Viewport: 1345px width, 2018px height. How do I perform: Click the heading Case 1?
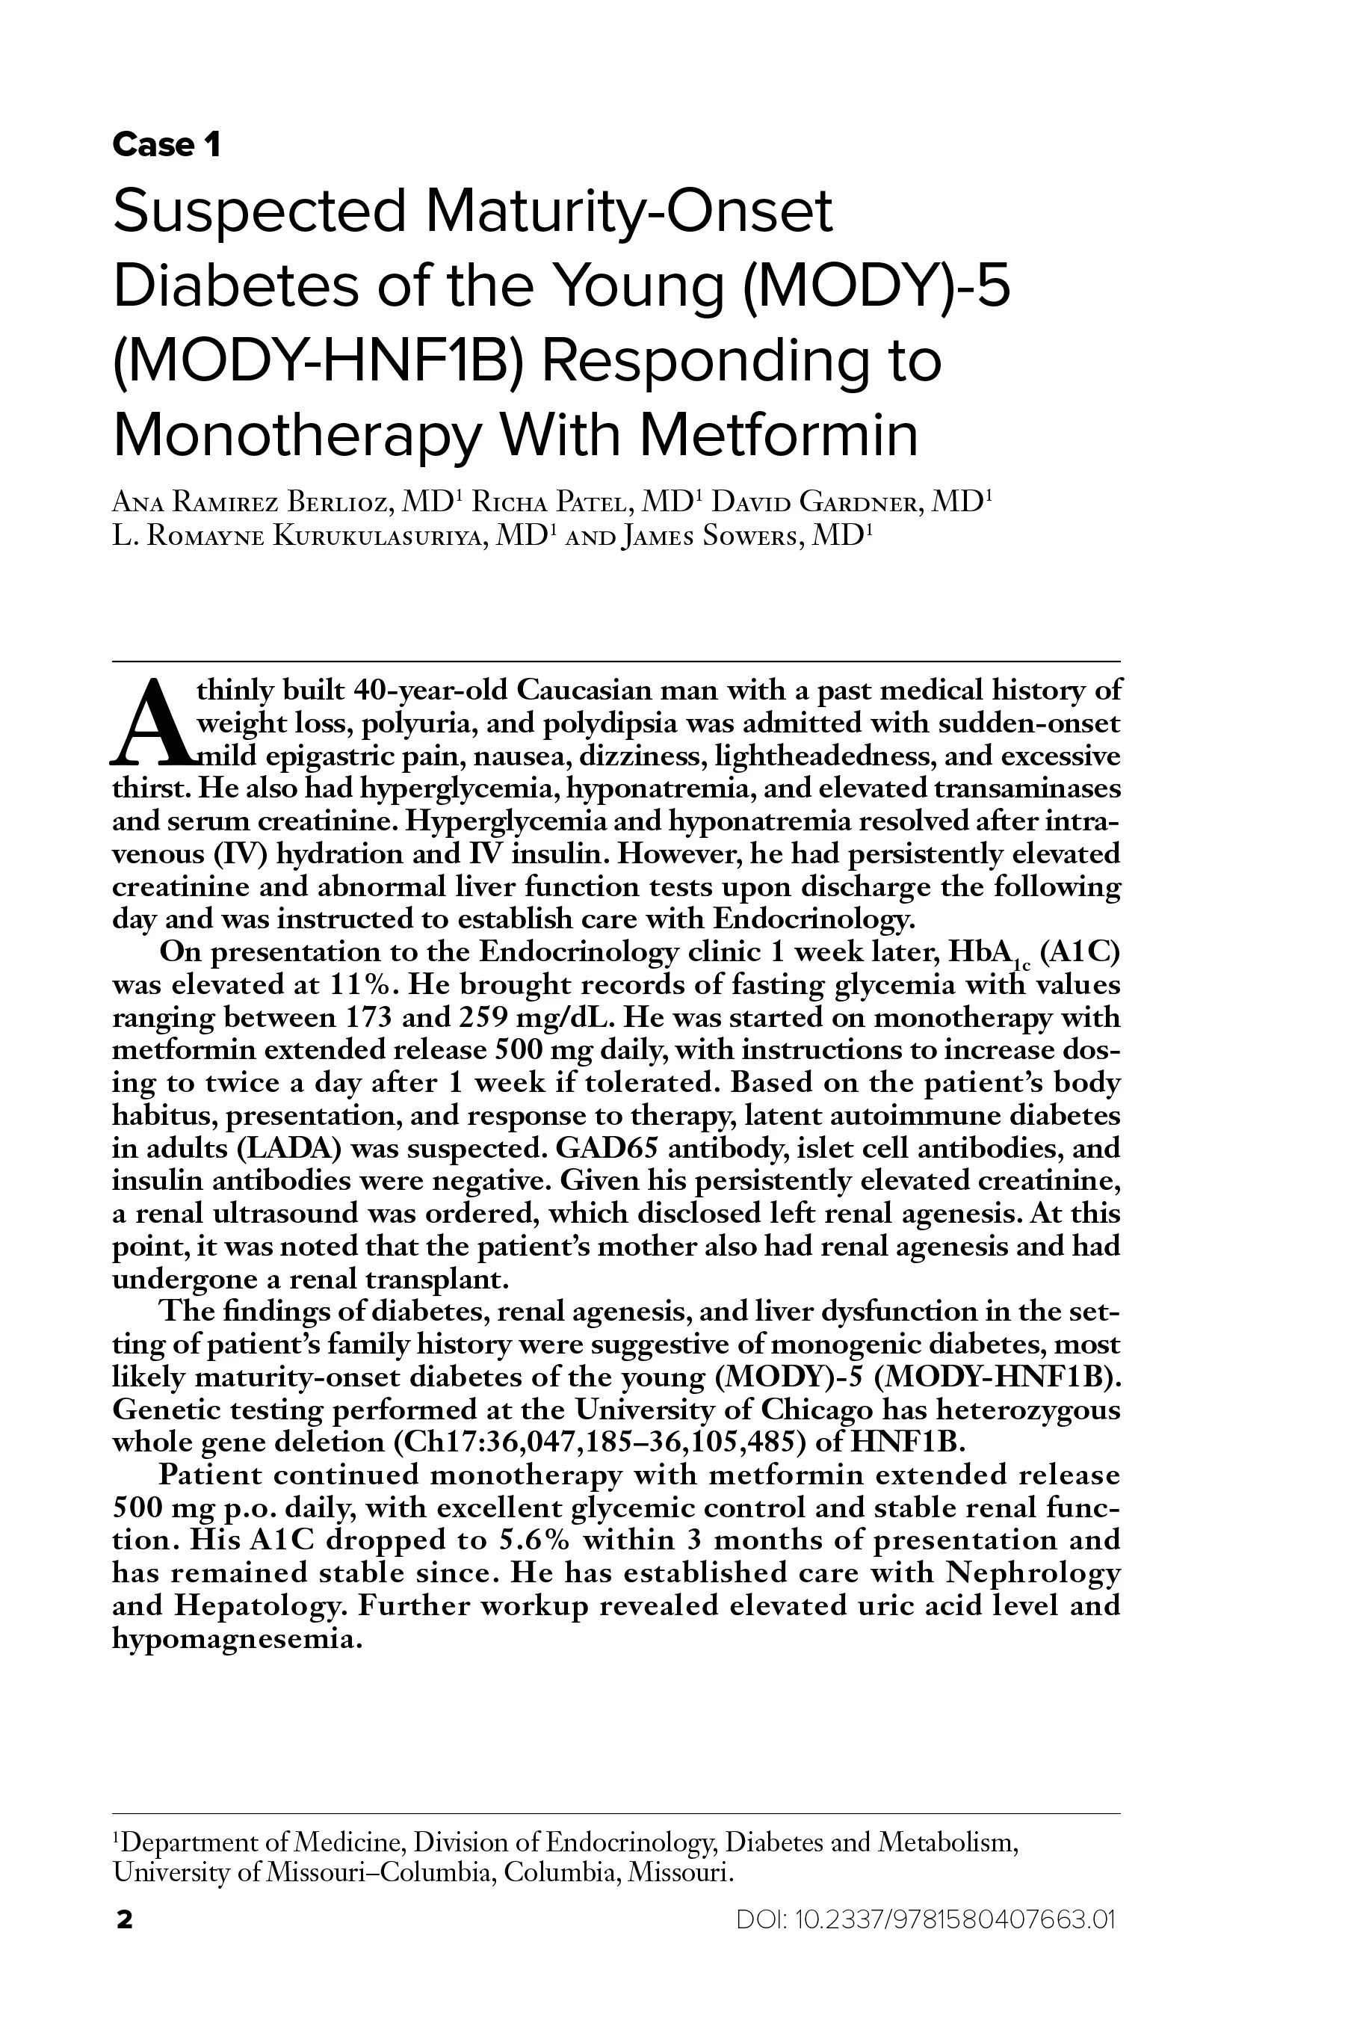(167, 145)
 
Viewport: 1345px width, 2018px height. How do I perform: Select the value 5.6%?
(535, 1540)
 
